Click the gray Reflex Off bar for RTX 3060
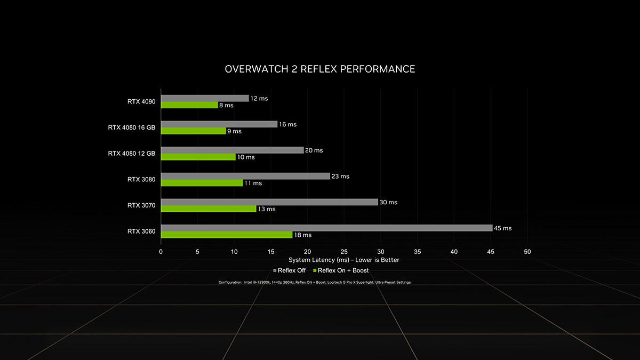tap(326, 228)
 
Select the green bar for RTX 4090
tap(189, 105)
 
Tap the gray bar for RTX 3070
tap(269, 202)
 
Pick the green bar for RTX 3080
tap(202, 183)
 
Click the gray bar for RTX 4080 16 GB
tap(219, 124)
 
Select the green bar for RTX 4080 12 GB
tap(198, 157)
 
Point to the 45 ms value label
tap(502, 228)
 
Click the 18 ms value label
tap(303, 235)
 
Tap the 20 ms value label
tap(314, 150)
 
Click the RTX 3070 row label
tap(141, 205)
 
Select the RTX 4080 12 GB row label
tap(132, 154)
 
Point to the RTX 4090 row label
tap(141, 101)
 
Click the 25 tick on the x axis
tap(344, 251)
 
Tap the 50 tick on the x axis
tap(527, 251)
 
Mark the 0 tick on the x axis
tap(161, 251)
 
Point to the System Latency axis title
tap(343, 260)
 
